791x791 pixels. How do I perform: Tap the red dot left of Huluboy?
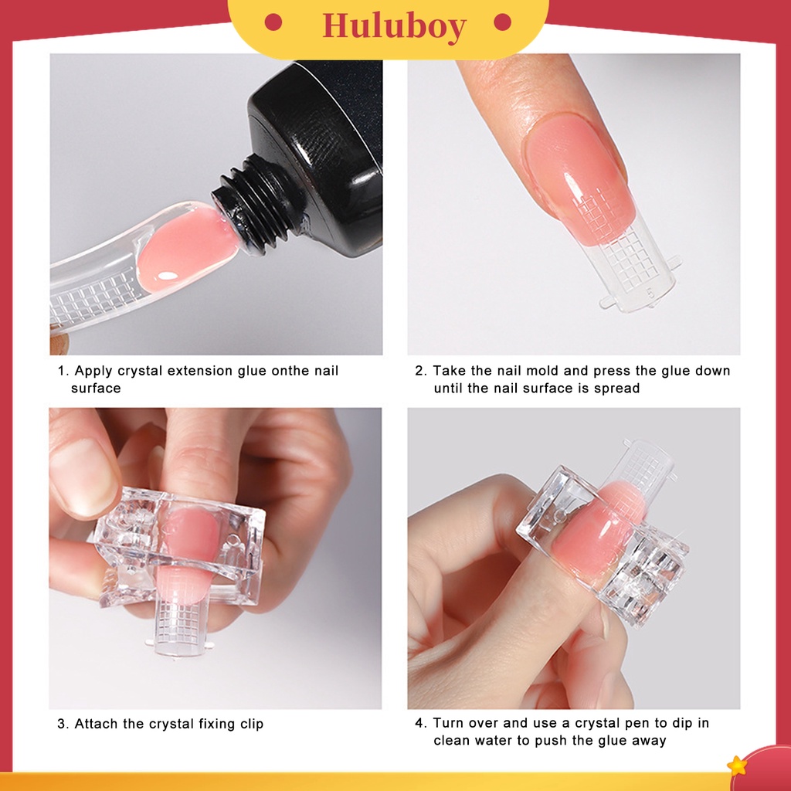[x=273, y=22]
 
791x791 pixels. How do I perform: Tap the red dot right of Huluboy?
[x=502, y=22]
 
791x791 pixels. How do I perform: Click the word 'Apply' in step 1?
[x=93, y=371]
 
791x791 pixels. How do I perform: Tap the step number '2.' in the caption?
[x=420, y=371]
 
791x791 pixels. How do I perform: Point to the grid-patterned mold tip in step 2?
[x=633, y=270]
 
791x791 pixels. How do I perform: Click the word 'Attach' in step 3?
[x=96, y=724]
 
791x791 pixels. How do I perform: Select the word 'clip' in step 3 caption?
[x=250, y=724]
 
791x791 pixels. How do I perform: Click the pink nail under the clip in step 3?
[x=193, y=541]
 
